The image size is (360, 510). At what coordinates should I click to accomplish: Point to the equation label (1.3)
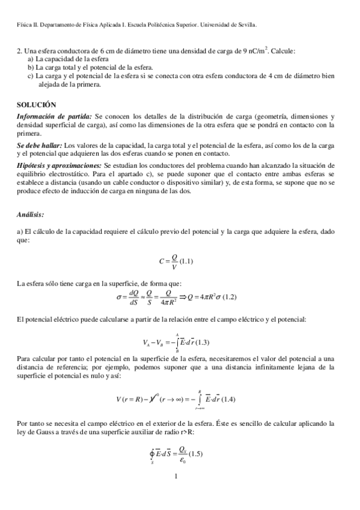pyautogui.click(x=202, y=343)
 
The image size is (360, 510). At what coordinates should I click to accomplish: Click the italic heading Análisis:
pyautogui.click(x=31, y=214)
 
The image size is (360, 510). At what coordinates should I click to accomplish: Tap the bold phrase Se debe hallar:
pyautogui.click(x=38, y=146)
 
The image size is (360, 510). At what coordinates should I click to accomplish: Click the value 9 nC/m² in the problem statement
pyautogui.click(x=257, y=51)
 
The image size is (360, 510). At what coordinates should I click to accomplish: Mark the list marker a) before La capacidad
pyautogui.click(x=31, y=60)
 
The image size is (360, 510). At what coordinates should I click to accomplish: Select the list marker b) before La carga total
pyautogui.click(x=31, y=68)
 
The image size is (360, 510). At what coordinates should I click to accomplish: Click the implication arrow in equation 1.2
pyautogui.click(x=178, y=296)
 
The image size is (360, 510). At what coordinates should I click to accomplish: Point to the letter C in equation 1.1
pyautogui.click(x=162, y=260)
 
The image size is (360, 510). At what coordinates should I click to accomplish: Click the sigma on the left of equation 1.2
pyautogui.click(x=119, y=296)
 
